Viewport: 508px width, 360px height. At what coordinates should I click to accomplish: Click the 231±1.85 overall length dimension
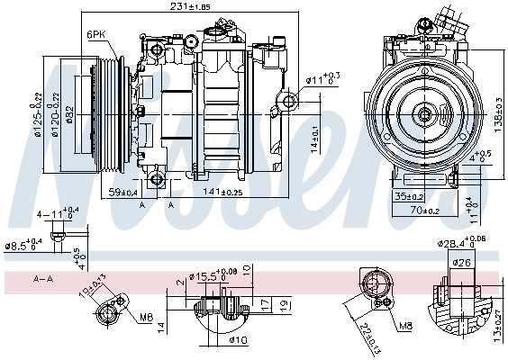point(190,6)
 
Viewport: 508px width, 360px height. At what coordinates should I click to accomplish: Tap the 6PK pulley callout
point(96,34)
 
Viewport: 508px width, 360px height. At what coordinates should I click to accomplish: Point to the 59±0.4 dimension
point(122,191)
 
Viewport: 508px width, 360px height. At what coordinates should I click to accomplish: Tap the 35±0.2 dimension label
point(407,195)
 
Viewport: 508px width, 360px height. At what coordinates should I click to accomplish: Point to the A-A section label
point(42,280)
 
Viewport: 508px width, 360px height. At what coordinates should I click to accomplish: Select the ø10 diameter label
point(238,339)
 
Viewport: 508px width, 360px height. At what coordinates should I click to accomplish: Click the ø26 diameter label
point(461,263)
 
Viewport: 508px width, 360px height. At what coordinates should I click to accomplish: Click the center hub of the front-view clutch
point(424,114)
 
